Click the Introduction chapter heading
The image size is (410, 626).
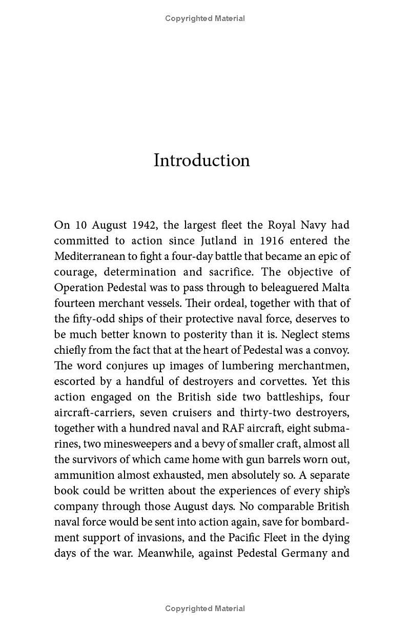[202, 160]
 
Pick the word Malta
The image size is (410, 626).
[335, 288]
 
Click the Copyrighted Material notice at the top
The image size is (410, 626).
[205, 18]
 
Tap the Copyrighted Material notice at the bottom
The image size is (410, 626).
[205, 609]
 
